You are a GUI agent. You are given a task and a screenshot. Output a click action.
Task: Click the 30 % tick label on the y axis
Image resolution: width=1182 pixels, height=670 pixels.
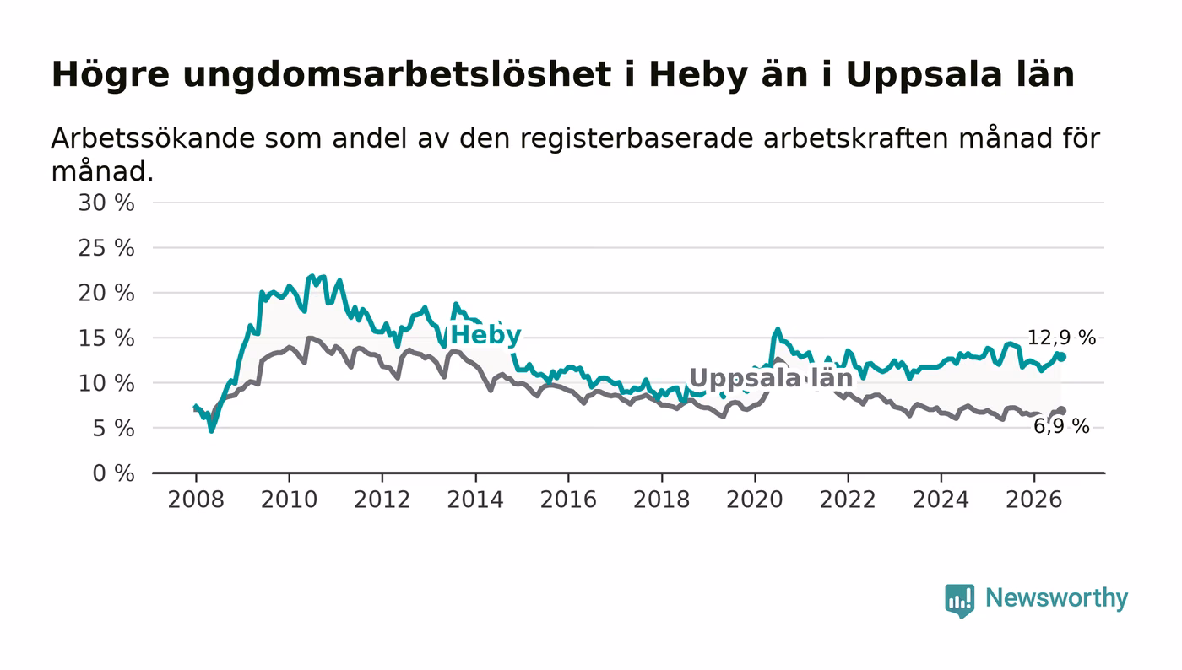[106, 203]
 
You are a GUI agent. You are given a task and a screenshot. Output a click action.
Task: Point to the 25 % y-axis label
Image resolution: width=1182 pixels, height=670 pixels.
[106, 248]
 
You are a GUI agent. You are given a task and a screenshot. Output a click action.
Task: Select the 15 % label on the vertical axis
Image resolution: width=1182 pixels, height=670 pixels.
[106, 338]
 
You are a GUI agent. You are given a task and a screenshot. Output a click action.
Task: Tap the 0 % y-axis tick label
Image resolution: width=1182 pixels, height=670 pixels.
[113, 473]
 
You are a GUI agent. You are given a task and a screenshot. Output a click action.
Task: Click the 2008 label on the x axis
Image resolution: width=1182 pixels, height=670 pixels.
[196, 500]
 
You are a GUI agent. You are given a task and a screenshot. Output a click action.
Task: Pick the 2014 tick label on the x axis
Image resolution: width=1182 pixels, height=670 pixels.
[474, 500]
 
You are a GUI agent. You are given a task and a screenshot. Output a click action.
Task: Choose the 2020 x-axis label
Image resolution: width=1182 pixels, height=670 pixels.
[755, 500]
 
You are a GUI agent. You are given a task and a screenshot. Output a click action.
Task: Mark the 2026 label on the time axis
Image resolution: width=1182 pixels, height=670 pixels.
[1033, 500]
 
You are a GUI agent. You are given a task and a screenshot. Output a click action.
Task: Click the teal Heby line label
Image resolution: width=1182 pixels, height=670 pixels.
[486, 335]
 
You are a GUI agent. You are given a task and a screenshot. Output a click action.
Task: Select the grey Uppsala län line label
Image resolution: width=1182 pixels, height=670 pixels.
[771, 378]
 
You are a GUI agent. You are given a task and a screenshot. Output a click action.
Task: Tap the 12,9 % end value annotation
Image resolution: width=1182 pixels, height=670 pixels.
[1061, 338]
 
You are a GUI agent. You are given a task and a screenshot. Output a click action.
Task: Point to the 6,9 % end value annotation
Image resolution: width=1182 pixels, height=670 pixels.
[1061, 426]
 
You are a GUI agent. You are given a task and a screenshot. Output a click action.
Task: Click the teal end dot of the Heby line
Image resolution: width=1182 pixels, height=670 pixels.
[1062, 357]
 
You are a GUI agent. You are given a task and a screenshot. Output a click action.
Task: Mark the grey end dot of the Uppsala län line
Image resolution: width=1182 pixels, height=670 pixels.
[1062, 411]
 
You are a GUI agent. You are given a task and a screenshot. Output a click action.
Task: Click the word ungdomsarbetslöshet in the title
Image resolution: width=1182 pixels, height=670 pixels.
[397, 74]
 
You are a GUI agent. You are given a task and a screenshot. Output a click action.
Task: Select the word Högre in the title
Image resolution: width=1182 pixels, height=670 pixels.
[111, 74]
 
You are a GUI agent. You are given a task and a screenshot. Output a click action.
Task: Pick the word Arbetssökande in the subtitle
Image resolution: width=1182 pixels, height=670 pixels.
[153, 138]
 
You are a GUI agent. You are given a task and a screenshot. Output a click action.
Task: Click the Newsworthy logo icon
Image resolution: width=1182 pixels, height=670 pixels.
[959, 601]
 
